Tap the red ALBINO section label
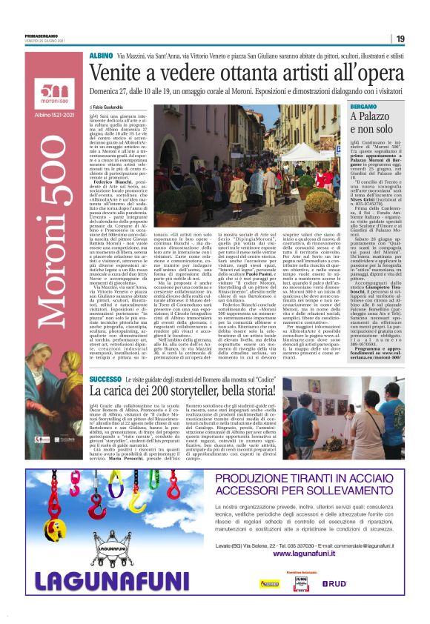[x=101, y=56]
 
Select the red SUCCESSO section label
[x=105, y=378]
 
